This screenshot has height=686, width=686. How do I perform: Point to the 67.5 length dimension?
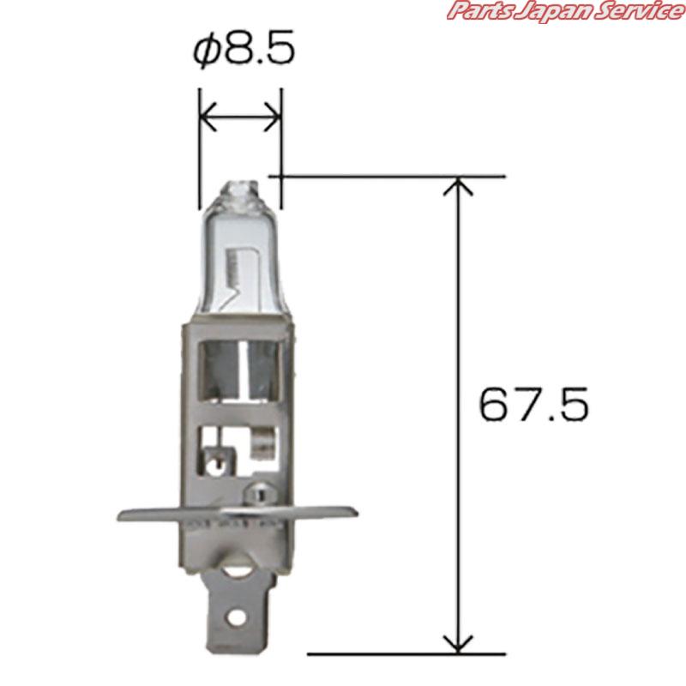(x=533, y=404)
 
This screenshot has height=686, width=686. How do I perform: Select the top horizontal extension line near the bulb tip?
(x=386, y=177)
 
